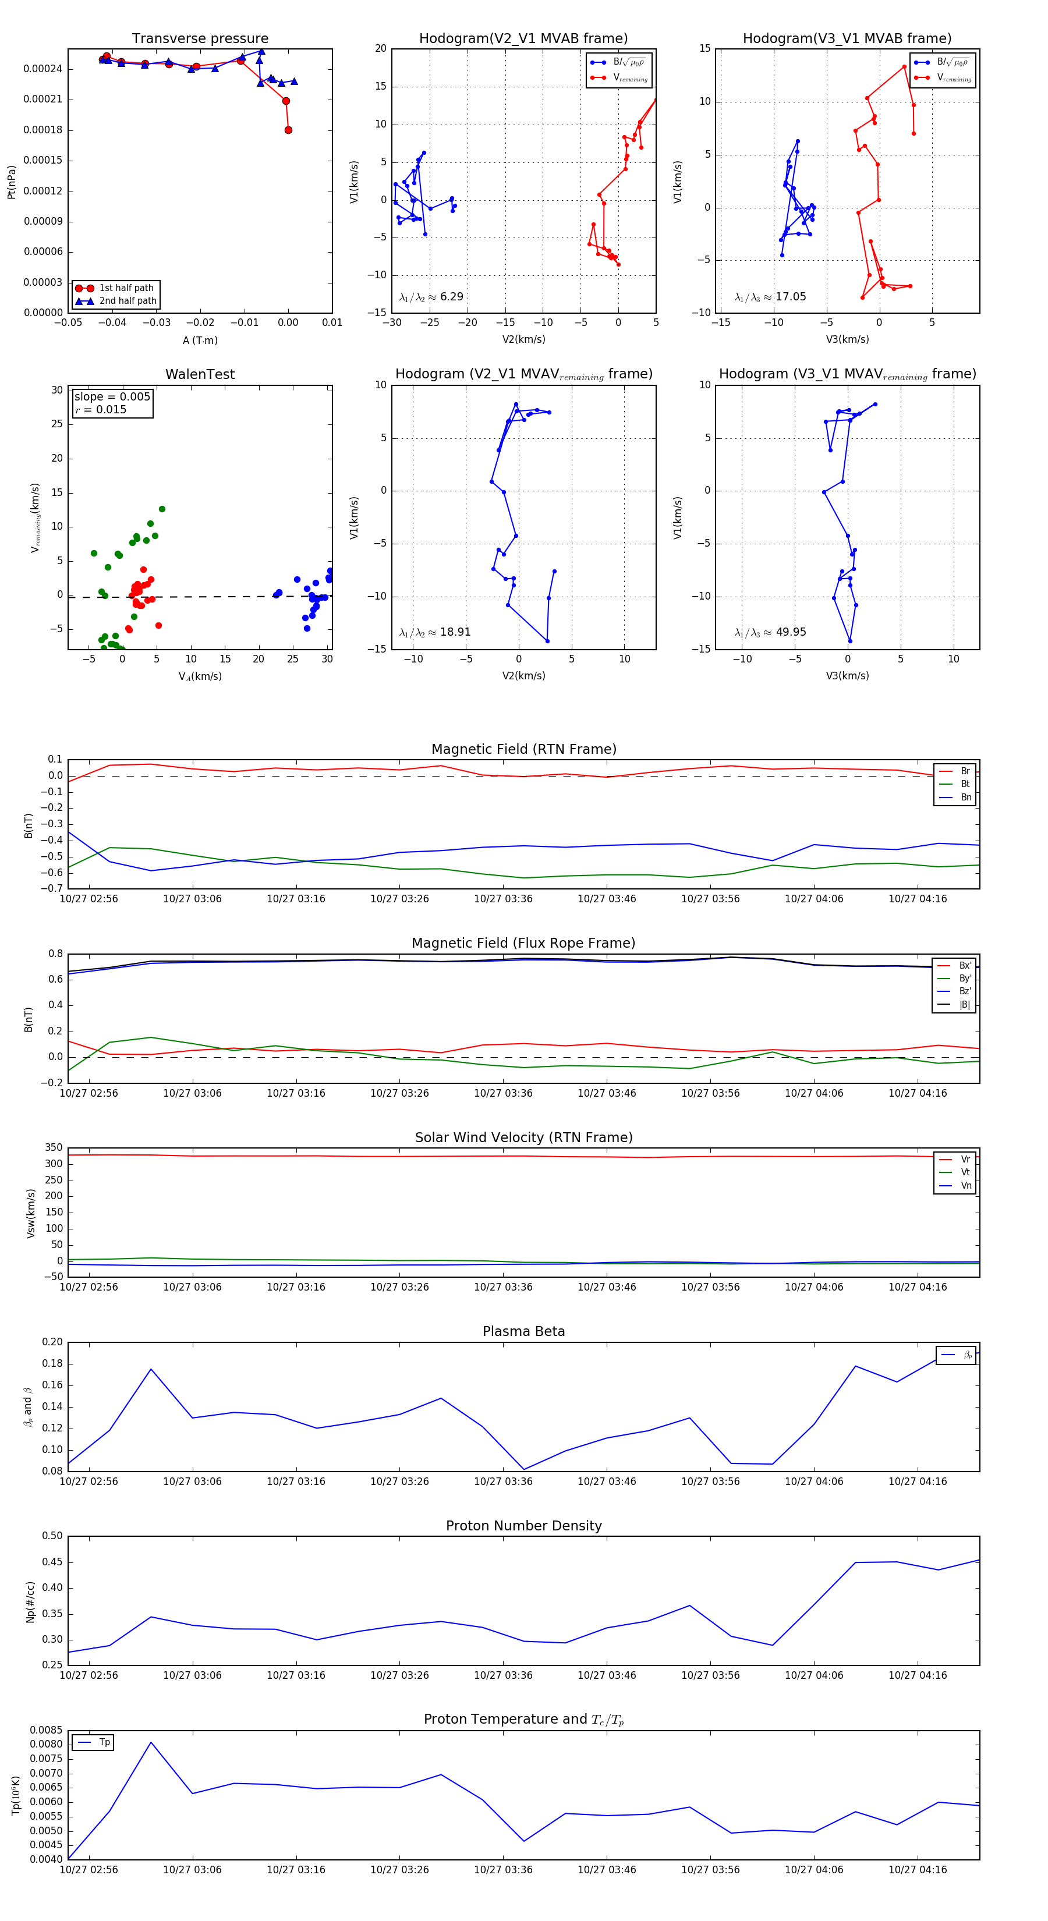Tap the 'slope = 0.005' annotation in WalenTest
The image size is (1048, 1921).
point(112,397)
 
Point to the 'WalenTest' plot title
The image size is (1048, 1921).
point(200,374)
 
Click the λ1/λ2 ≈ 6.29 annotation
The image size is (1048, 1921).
point(431,297)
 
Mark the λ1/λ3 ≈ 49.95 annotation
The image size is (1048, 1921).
point(770,632)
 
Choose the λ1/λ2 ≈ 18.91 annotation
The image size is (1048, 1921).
point(434,632)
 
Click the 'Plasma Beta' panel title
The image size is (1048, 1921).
point(523,1332)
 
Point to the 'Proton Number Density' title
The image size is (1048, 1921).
point(523,1526)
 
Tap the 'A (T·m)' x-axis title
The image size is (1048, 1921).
point(200,341)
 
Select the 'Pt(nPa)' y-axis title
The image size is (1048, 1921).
point(11,182)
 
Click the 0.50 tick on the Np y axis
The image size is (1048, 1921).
point(53,1536)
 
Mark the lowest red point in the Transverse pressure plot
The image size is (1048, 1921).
point(288,130)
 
